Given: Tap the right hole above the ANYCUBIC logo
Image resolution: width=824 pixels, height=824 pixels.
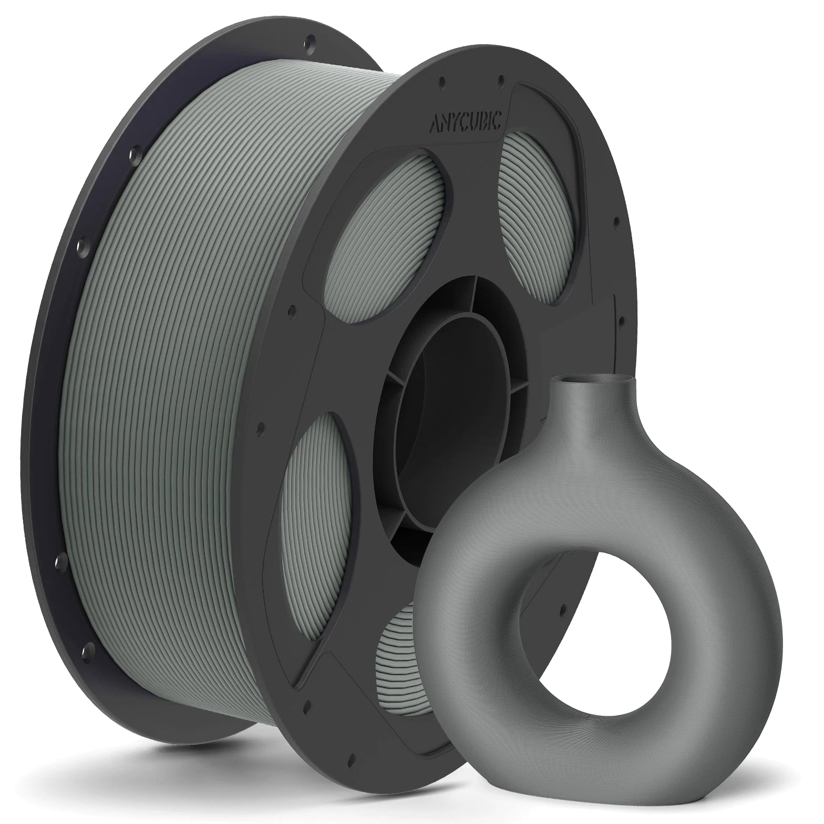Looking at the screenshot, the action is click(x=501, y=79).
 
